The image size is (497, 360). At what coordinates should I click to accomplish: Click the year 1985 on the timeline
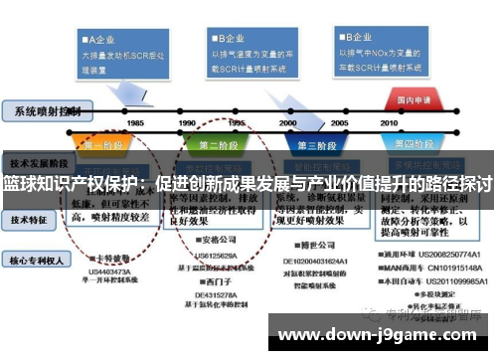(135, 122)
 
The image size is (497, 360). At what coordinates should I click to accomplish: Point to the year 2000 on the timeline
(288, 122)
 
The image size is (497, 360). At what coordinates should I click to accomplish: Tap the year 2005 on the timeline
(339, 122)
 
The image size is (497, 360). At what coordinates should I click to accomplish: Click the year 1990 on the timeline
(187, 122)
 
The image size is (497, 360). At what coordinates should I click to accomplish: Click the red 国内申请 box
(414, 100)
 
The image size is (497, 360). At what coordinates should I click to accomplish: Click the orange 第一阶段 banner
(99, 144)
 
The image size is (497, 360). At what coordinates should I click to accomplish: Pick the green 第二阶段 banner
(224, 144)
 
